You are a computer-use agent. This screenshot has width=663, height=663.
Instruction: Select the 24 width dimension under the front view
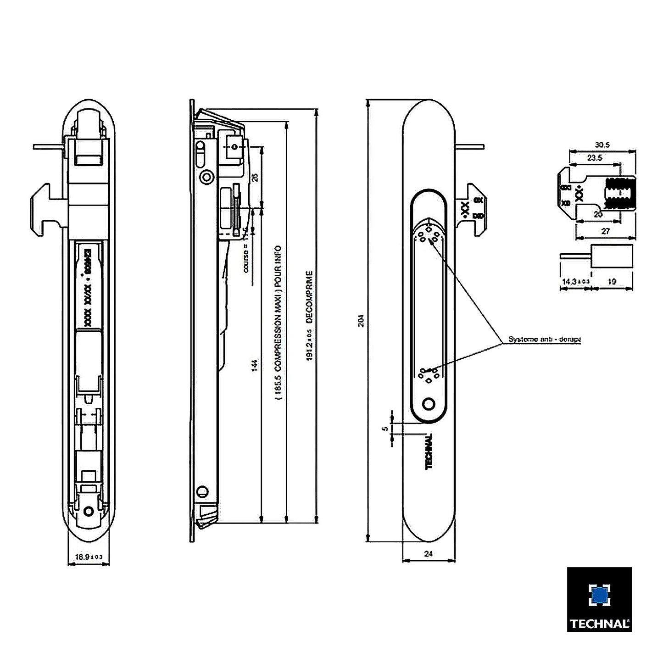(429, 554)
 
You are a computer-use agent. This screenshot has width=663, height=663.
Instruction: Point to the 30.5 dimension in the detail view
(602, 145)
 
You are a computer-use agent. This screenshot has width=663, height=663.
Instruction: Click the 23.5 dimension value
(595, 158)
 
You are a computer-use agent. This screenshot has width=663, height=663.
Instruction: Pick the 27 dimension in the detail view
(605, 231)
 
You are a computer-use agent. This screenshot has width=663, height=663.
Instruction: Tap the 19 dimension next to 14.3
(612, 282)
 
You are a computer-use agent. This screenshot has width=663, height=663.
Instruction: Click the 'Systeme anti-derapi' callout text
(544, 340)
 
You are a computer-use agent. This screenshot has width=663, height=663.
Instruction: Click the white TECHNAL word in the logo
(599, 624)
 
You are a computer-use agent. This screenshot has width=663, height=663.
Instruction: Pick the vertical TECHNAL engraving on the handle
(429, 451)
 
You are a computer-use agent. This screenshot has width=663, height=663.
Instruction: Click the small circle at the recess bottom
(429, 404)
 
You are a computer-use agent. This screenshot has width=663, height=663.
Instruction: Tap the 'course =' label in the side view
(246, 260)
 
